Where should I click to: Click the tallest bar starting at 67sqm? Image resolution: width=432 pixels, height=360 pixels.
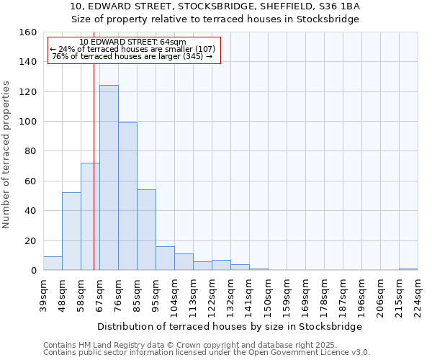109,178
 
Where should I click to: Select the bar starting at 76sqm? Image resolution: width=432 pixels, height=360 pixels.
127,197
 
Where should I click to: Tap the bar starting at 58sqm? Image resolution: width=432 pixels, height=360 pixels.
90,217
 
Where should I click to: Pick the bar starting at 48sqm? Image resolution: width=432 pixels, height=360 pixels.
71,231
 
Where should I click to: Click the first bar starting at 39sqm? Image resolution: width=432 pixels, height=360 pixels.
53,264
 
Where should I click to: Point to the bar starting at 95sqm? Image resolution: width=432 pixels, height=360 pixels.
165,258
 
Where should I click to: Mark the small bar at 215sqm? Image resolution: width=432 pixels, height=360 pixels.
408,269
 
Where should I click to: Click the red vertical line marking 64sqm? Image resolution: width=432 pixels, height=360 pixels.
94,180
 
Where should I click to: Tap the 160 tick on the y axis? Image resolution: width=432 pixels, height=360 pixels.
29,32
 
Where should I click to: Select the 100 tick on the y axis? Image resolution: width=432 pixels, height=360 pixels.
29,122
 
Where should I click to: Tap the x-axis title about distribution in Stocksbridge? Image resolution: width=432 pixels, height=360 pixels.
229,326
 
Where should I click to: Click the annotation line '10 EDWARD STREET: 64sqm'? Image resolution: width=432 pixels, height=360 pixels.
132,42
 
